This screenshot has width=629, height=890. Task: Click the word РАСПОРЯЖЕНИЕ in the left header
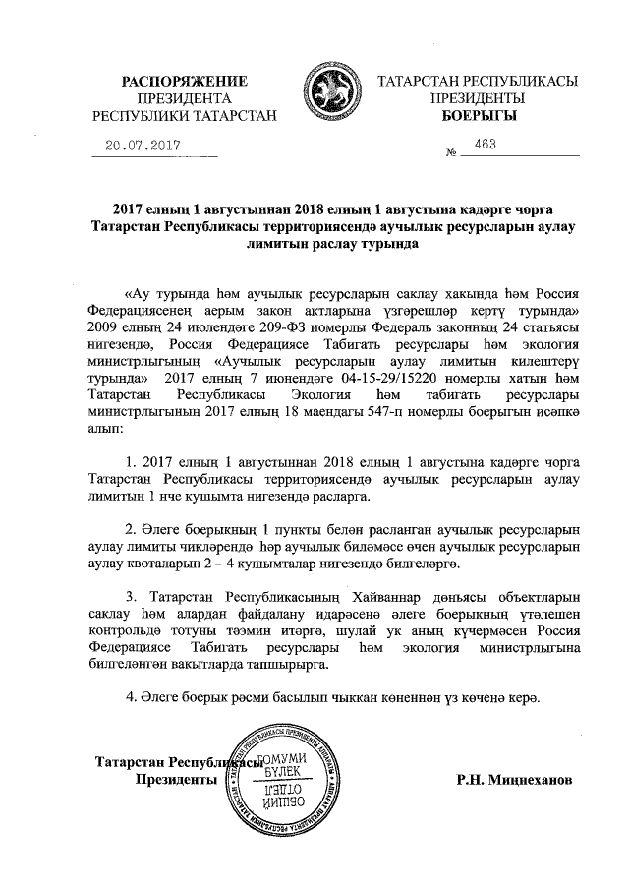point(184,81)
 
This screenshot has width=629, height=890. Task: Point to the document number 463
point(485,144)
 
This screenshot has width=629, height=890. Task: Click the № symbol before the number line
point(453,154)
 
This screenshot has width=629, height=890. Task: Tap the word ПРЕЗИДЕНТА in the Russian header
point(184,98)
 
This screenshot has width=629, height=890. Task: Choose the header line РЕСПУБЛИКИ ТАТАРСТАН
point(184,116)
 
